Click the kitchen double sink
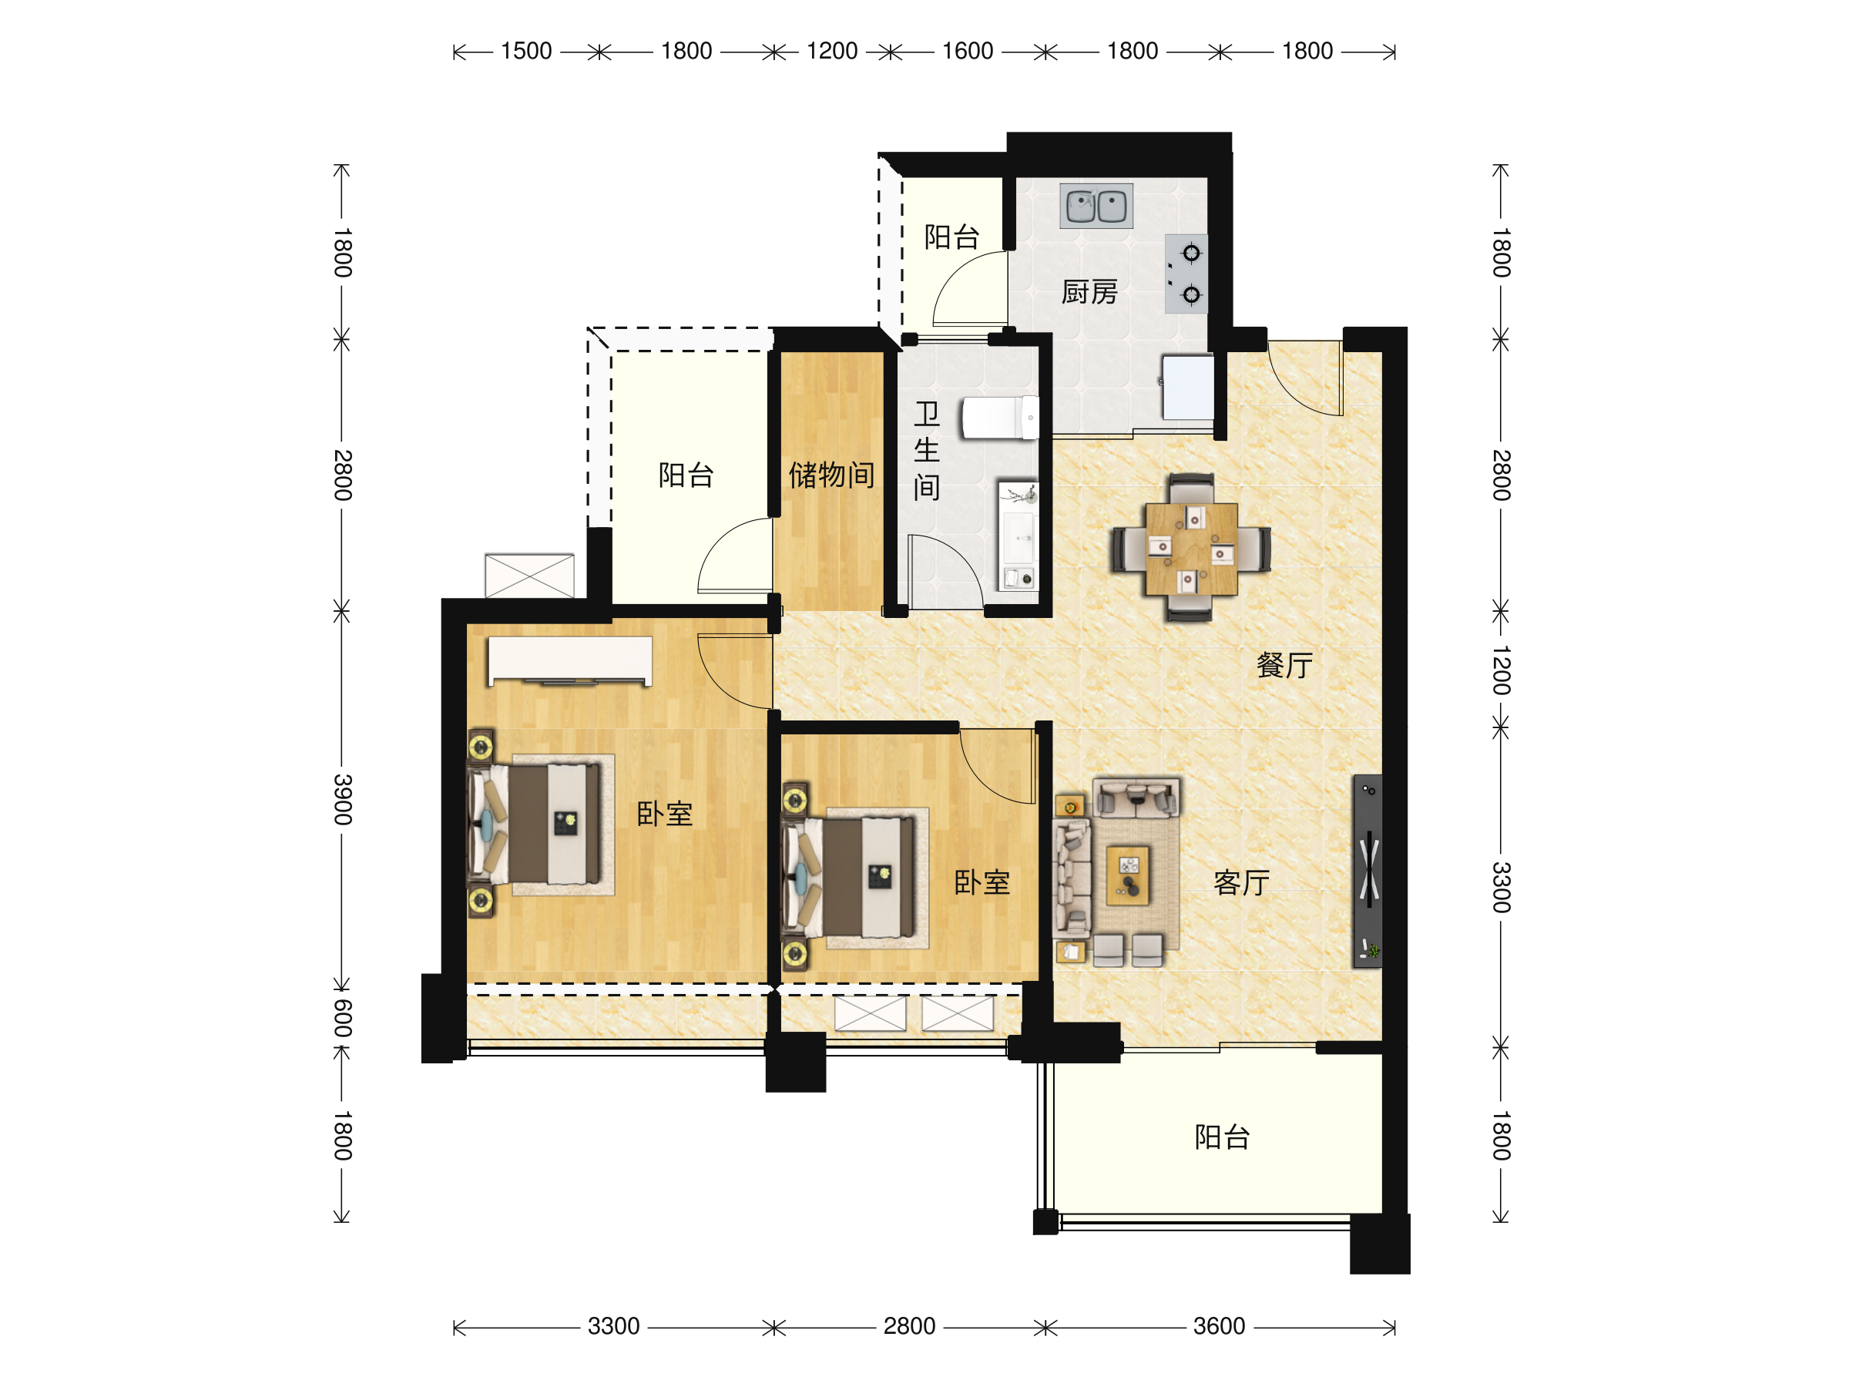1096,206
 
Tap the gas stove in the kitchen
1186,274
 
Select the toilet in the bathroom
1000,417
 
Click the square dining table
1191,549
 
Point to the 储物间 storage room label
832,475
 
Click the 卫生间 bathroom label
926,451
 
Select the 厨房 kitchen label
1089,293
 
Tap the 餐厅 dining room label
1284,666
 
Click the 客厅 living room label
1241,883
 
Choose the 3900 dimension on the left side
343,799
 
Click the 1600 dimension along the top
967,51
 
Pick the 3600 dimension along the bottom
1219,1326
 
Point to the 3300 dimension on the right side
1502,887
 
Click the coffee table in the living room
1128,875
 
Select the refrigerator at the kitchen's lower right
1188,387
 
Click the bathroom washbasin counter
1018,536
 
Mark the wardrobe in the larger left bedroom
570,660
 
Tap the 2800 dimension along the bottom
908,1326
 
